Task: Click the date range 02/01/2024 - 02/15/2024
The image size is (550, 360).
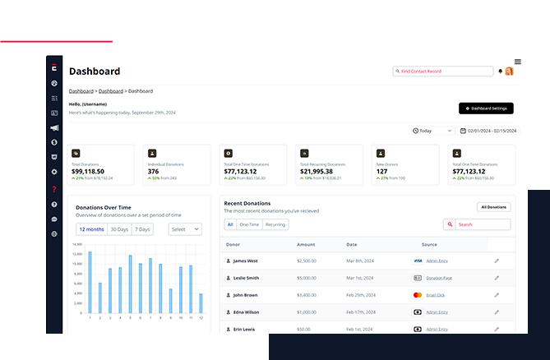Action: coord(489,131)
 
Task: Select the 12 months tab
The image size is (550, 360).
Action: coord(91,229)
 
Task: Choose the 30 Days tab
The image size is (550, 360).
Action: coord(119,229)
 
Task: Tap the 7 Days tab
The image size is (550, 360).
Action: coord(142,229)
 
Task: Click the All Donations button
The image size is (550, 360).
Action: coord(493,207)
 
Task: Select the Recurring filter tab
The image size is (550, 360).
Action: coord(275,224)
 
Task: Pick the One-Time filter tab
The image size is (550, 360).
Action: coord(249,224)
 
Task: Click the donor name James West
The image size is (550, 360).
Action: coord(246,261)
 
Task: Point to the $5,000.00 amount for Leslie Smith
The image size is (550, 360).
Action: coord(307,278)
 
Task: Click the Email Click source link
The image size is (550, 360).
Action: coord(436,295)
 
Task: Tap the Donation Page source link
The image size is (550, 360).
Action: coord(438,278)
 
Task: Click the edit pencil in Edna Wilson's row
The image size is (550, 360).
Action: coord(497,312)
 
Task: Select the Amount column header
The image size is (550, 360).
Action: coord(306,244)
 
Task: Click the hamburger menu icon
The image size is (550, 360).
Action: coord(517,62)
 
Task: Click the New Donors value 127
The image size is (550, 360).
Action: coord(381,171)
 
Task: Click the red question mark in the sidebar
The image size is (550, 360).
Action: coord(54,188)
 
